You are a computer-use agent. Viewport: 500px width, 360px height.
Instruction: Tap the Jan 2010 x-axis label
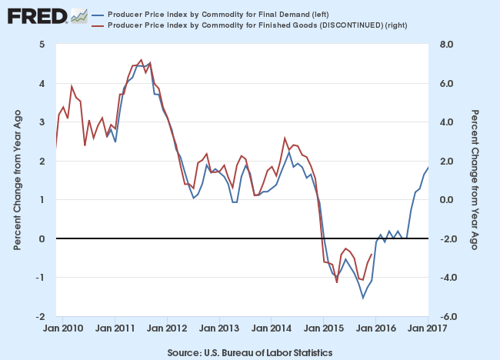(x=63, y=329)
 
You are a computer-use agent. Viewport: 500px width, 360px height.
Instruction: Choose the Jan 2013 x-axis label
(x=219, y=329)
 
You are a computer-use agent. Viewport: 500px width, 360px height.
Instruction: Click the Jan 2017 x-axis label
(x=428, y=329)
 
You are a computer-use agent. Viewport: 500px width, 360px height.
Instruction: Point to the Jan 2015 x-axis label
(x=324, y=329)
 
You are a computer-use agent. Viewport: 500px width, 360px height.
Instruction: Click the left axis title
(x=17, y=180)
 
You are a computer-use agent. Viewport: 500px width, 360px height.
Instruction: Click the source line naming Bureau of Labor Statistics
(x=249, y=352)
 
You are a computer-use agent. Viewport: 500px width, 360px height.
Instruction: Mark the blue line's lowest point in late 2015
(x=363, y=298)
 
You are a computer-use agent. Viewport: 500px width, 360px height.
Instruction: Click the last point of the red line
(x=372, y=255)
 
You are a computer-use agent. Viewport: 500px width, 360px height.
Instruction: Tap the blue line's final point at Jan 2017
(x=428, y=168)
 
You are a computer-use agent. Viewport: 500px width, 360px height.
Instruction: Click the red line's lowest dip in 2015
(x=337, y=282)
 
